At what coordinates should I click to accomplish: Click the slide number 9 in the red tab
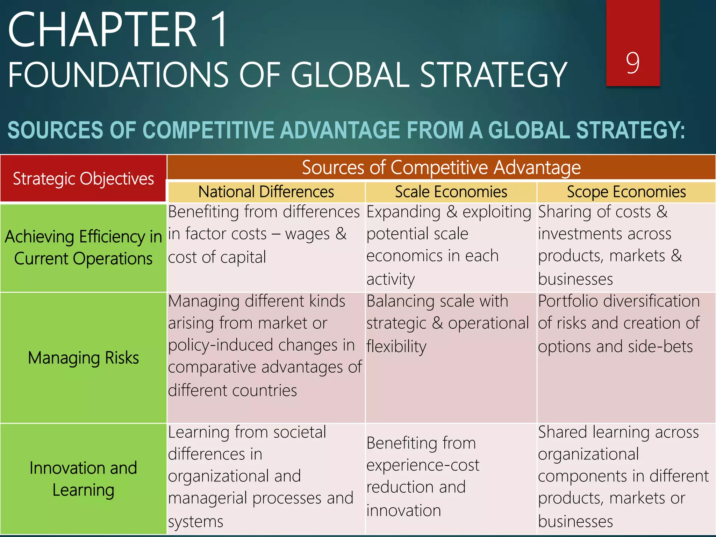point(633,63)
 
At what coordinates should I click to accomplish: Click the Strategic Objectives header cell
point(83,178)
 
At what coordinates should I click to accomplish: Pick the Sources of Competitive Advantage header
point(441,167)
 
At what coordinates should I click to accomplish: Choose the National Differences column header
point(266,192)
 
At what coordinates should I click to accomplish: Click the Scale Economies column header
point(451,192)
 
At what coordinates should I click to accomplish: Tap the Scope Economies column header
point(626,192)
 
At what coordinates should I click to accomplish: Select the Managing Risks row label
point(83,358)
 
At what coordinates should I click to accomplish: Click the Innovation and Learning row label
point(83,479)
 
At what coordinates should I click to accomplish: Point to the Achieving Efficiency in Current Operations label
point(83,248)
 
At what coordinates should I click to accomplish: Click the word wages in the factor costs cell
point(307,234)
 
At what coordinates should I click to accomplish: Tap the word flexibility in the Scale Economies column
point(396,346)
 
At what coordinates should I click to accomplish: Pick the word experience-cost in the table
point(423,465)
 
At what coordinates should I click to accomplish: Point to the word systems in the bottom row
point(195,521)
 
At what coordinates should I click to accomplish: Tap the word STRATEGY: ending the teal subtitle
point(630,130)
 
